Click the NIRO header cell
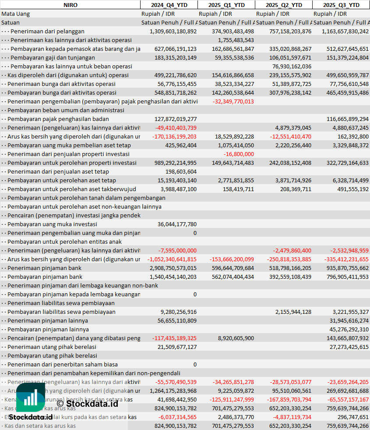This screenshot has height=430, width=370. (70, 5)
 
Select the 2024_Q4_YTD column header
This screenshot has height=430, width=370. (169, 5)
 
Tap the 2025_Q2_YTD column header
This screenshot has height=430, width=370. (284, 5)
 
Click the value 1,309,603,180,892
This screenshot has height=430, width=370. (173, 31)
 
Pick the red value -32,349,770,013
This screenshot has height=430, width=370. (233, 101)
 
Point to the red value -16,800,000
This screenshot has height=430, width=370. (239, 154)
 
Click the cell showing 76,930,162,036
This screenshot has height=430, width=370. (292, 66)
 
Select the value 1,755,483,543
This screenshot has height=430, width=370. (236, 40)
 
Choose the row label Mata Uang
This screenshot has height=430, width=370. (16, 14)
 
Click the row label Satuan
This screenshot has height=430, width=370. (11, 22)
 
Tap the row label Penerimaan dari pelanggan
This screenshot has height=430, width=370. (47, 31)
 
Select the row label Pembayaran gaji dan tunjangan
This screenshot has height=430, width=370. (53, 57)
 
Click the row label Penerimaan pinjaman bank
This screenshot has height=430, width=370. (44, 268)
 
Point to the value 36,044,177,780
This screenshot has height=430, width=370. (177, 224)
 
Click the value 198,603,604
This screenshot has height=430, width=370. (181, 171)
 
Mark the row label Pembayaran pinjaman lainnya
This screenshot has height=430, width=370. (48, 329)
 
